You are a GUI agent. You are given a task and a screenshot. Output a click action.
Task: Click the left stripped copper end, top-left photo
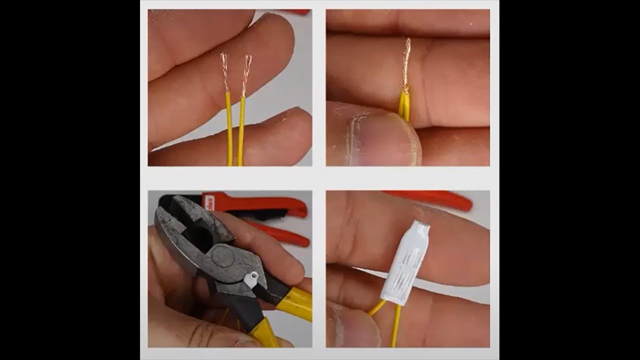coord(225,73)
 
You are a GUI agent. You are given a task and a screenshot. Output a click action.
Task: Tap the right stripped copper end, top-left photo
coord(246,75)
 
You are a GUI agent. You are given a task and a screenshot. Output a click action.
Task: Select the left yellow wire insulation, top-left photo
coord(229,130)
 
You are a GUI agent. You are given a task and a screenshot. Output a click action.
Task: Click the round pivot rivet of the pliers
coord(223,256)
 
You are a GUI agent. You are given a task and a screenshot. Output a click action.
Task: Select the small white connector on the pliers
coord(251,278)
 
